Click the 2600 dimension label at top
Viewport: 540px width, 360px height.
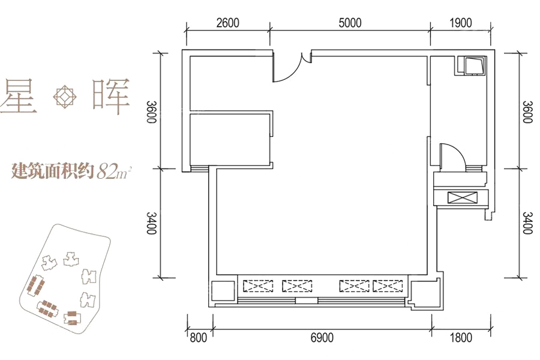coord(227,23)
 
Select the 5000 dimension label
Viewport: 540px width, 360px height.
coord(350,23)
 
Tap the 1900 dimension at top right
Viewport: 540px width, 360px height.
coord(460,23)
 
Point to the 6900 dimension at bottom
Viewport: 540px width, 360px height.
coord(322,338)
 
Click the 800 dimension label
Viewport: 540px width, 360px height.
coord(199,338)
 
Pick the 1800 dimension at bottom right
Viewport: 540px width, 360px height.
coord(460,338)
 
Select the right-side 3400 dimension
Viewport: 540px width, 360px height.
coord(527,223)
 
